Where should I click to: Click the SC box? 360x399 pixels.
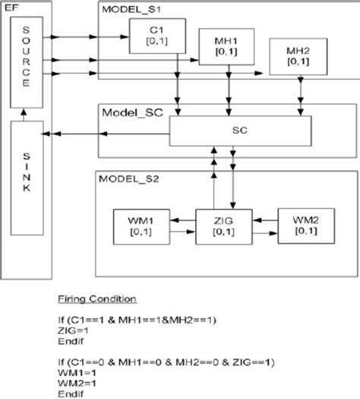[239, 130]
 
